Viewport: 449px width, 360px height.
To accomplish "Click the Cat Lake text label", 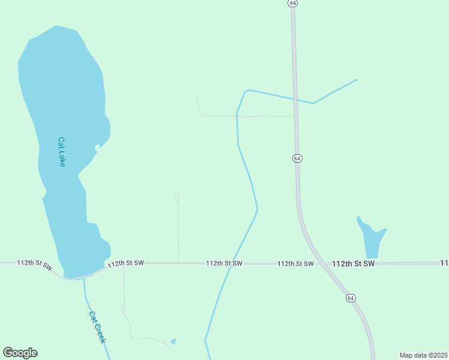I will (x=61, y=152).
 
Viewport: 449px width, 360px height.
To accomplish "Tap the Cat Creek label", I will (x=97, y=327).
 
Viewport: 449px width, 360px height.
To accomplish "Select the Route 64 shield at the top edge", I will (x=292, y=3).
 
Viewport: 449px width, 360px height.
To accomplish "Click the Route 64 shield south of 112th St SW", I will (x=351, y=298).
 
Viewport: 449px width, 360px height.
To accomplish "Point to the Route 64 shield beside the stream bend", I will (x=297, y=158).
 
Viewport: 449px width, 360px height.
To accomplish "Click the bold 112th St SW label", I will (x=353, y=263).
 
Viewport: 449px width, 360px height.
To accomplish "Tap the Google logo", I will (x=20, y=353).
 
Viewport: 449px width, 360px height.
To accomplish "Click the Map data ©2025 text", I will (x=423, y=355).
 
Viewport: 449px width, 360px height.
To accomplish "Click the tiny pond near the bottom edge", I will (x=173, y=341).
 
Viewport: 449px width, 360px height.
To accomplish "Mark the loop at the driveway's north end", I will (x=177, y=196).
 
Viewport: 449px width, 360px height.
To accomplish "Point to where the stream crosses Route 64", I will (x=295, y=100).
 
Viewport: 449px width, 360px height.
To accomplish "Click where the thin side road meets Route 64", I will (x=295, y=116).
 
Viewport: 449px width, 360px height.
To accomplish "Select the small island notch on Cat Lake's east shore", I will (x=97, y=147).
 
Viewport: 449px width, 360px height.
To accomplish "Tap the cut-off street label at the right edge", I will (x=444, y=263).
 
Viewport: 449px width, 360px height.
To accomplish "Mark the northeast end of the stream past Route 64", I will (x=357, y=80).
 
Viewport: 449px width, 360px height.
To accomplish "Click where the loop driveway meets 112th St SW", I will (x=178, y=263).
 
